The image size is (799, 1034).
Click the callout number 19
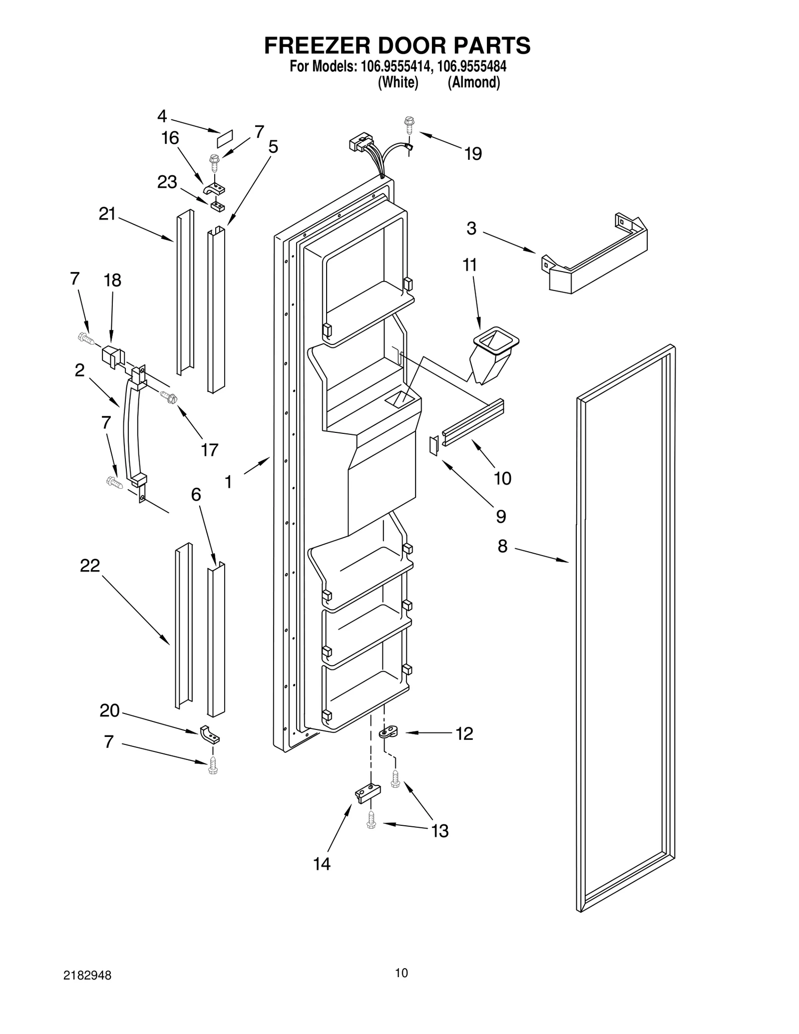click(473, 154)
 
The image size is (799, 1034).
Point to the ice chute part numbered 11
click(494, 355)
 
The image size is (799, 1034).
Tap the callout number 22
click(90, 566)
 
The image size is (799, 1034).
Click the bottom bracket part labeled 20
click(210, 734)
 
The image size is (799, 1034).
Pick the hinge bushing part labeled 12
click(388, 733)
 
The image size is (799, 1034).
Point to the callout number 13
click(439, 831)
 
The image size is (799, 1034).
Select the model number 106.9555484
click(471, 66)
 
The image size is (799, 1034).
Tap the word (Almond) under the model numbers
click(473, 82)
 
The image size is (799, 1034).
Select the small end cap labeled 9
click(433, 445)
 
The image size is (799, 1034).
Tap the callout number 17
click(209, 450)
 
